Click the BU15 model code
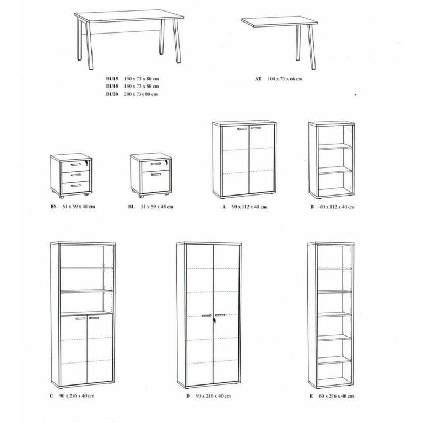point(112,79)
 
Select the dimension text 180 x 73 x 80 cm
point(142,86)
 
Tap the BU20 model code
point(112,94)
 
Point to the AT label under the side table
point(258,79)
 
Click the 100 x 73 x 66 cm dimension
point(285,79)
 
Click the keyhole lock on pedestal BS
point(86,164)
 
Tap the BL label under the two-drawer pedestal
point(130,207)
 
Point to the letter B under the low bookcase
point(312,207)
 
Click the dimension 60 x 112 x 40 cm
point(336,207)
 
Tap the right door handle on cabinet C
point(94,318)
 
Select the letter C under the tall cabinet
point(51,396)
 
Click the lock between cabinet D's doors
point(216,317)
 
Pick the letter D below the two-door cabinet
point(188,396)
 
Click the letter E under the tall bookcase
point(312,396)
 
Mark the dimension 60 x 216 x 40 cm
point(337,396)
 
